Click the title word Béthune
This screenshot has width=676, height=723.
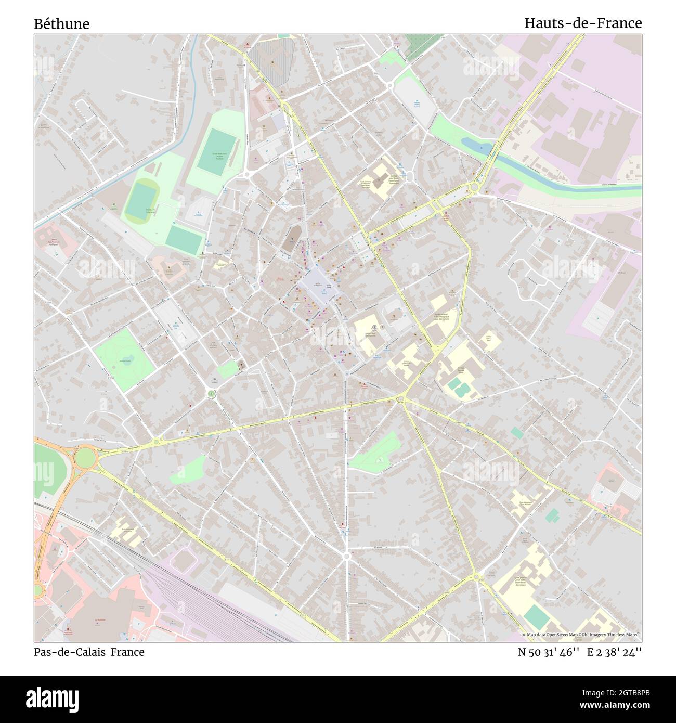tap(62, 24)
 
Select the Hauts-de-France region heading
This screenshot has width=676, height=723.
tap(582, 23)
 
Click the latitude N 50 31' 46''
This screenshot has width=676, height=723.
tap(549, 652)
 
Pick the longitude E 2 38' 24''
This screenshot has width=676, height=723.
tap(614, 652)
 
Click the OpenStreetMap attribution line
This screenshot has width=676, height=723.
tap(581, 635)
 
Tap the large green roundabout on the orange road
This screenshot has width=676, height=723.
tap(85, 458)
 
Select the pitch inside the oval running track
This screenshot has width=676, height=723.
tap(142, 200)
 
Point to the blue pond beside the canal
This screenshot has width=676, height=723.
tap(477, 144)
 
